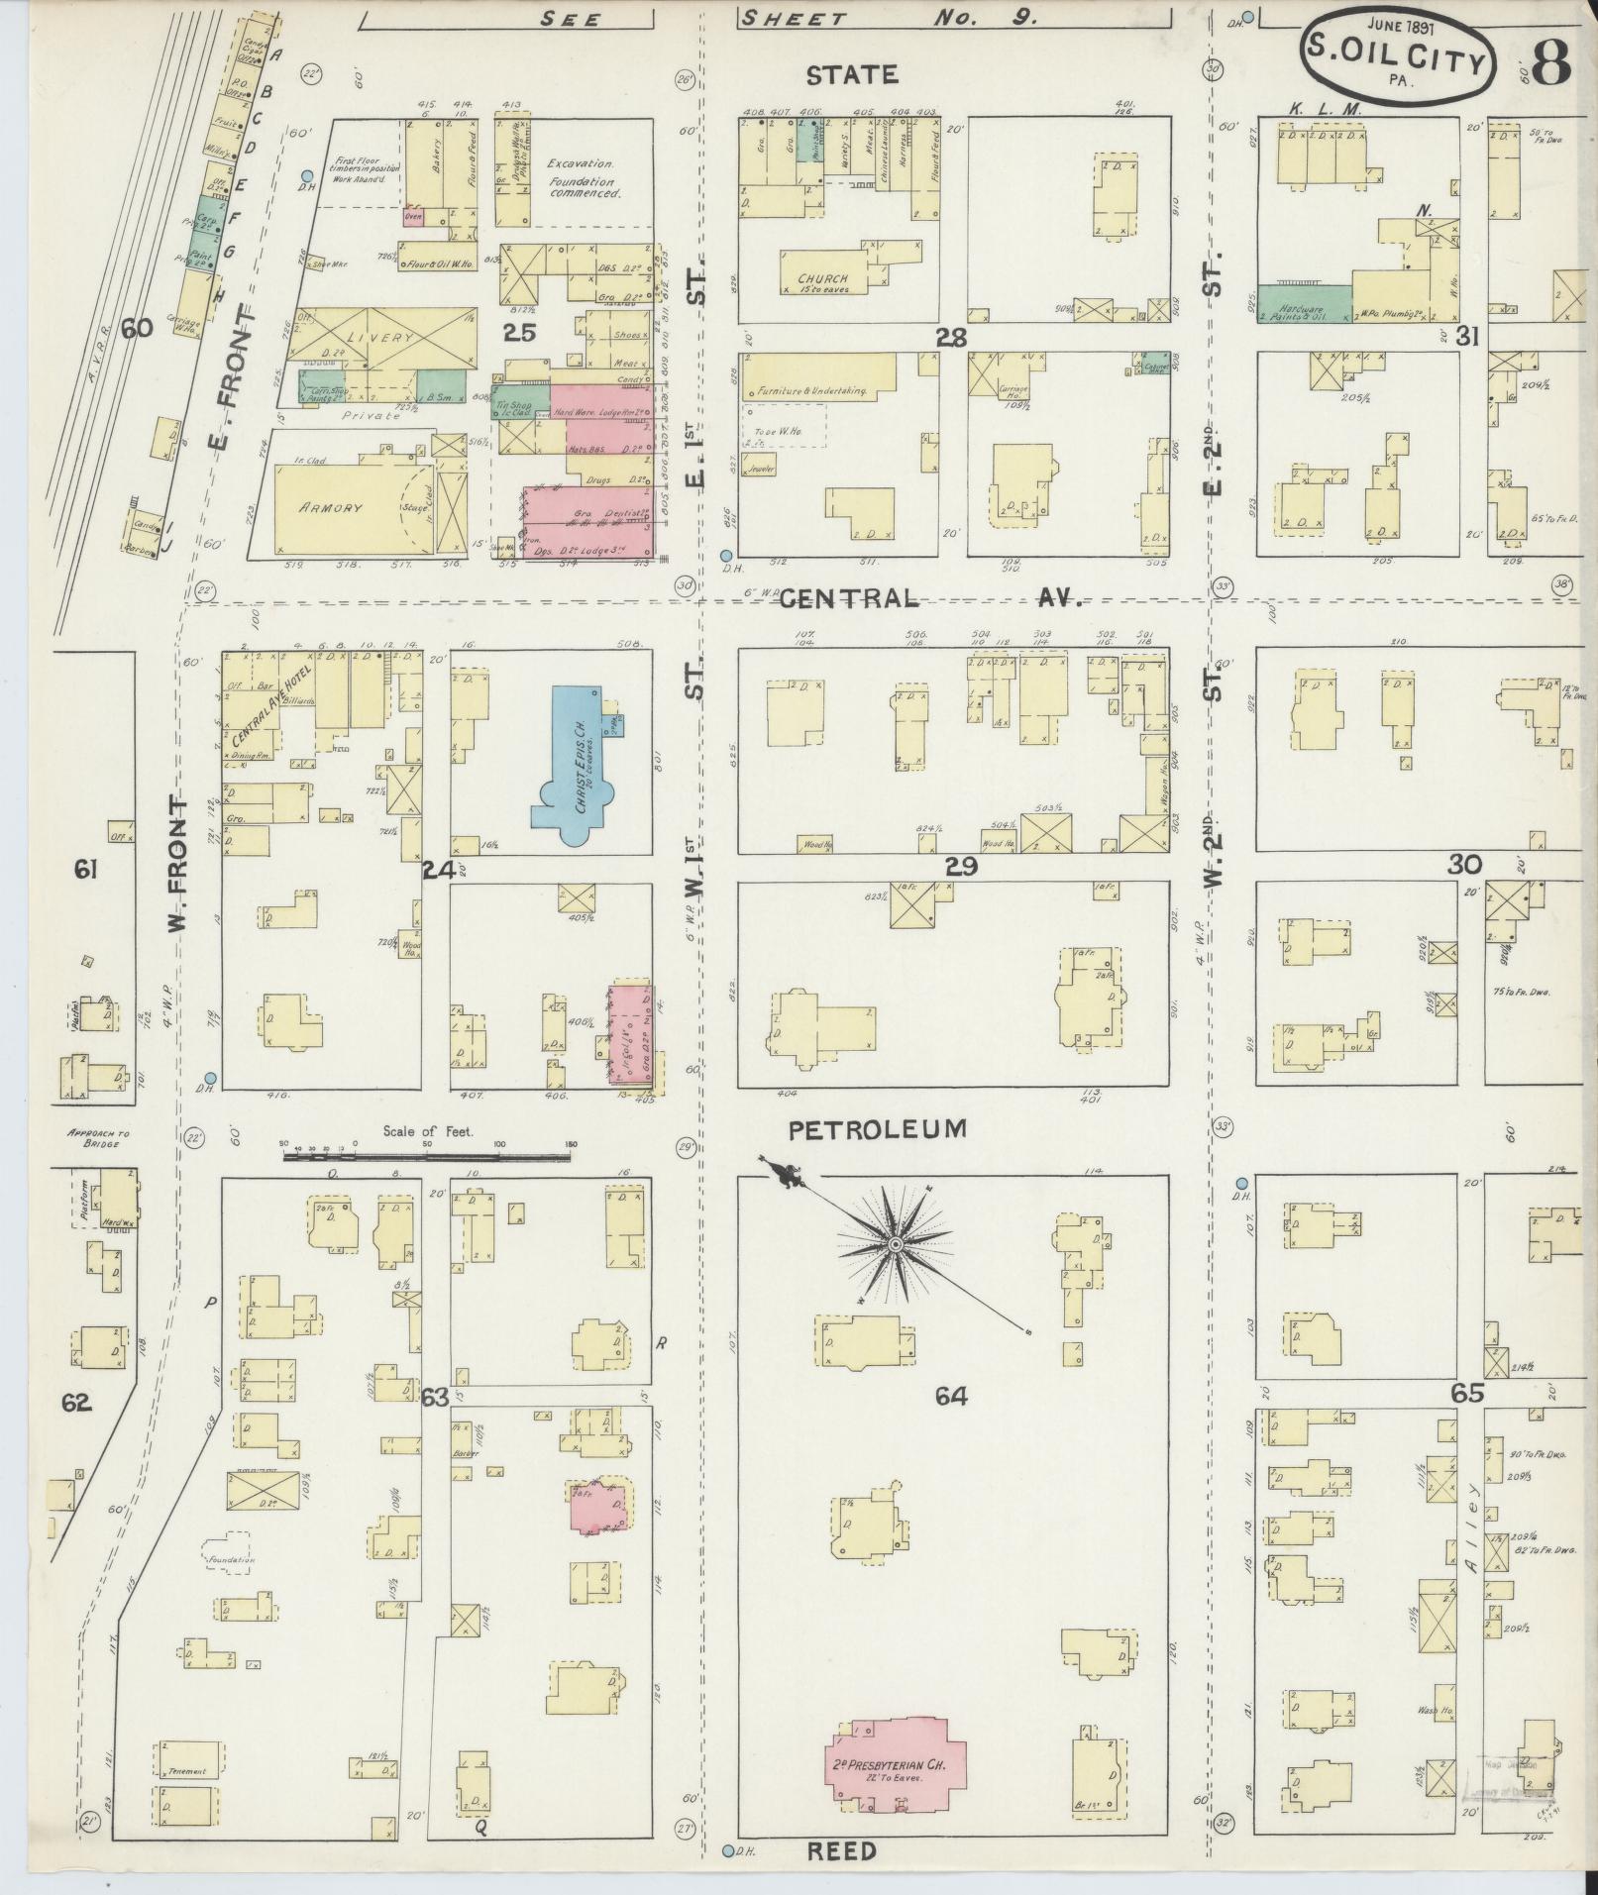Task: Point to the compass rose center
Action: [895, 1244]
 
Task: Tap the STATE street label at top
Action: [852, 75]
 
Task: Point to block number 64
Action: [950, 1397]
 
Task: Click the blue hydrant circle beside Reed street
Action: [728, 1850]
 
